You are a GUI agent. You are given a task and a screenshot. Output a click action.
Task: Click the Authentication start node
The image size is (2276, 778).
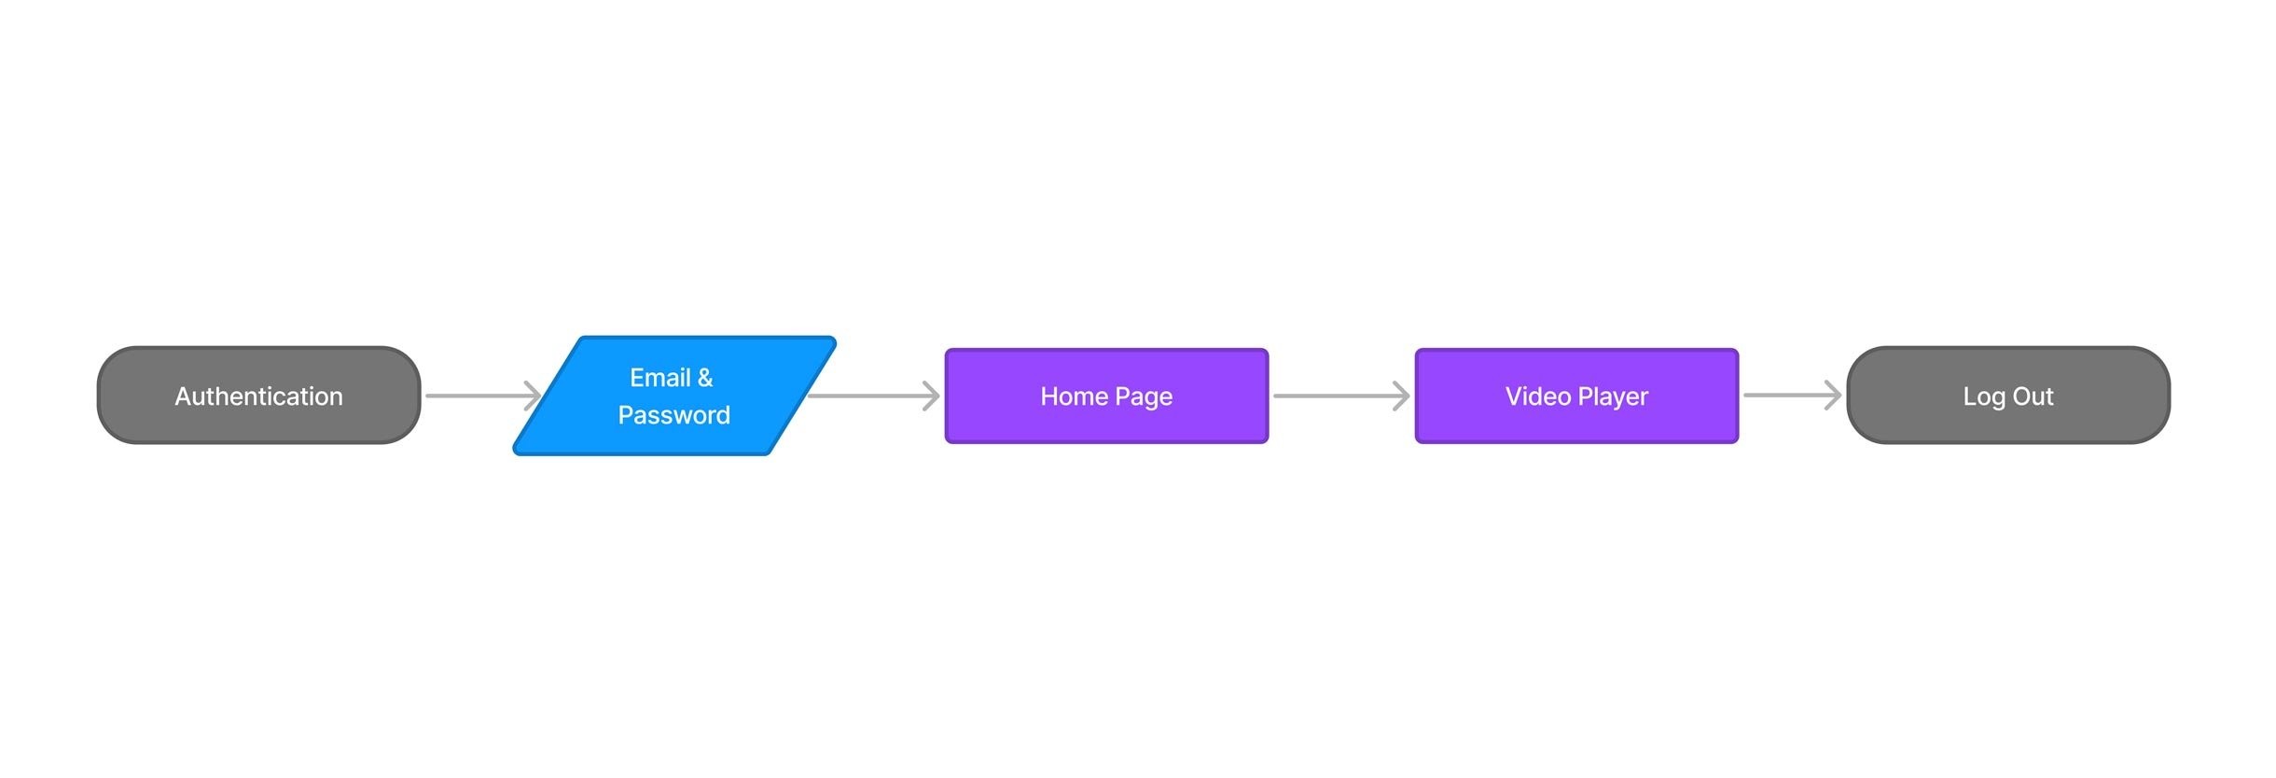[259, 396]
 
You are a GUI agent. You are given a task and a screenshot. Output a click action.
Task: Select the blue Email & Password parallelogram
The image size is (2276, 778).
[674, 396]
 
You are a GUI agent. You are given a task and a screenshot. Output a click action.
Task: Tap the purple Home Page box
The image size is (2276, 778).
[1106, 396]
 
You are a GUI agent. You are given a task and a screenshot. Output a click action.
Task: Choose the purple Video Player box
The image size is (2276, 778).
[1576, 396]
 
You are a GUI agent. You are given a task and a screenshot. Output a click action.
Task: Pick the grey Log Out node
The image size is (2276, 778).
[2008, 396]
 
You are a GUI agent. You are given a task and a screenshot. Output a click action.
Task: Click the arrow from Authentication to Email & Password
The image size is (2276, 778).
[483, 396]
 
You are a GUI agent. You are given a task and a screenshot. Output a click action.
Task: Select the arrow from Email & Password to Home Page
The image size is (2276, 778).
[874, 396]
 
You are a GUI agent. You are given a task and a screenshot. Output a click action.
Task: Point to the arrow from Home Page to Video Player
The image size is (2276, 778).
[1341, 396]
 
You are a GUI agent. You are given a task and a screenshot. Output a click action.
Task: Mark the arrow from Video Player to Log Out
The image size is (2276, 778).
[1793, 395]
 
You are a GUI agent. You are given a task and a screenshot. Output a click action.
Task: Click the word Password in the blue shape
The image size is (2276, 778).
[674, 415]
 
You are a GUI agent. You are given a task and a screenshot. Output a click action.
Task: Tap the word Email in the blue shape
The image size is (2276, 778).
[660, 378]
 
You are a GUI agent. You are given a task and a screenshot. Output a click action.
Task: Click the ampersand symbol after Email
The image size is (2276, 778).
[705, 378]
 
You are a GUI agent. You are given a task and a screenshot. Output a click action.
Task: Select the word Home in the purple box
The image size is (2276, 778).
[1075, 396]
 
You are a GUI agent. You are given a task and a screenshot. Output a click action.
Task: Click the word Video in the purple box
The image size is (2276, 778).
[1538, 396]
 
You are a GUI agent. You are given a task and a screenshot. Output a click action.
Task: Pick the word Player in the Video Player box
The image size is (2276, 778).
[1614, 397]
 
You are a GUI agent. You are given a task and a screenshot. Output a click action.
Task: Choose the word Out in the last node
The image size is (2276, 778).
[2033, 396]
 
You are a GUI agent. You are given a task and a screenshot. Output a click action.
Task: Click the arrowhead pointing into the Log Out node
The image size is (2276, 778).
[1834, 395]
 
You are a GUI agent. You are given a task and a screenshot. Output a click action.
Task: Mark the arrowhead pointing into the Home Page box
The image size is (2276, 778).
[932, 396]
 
